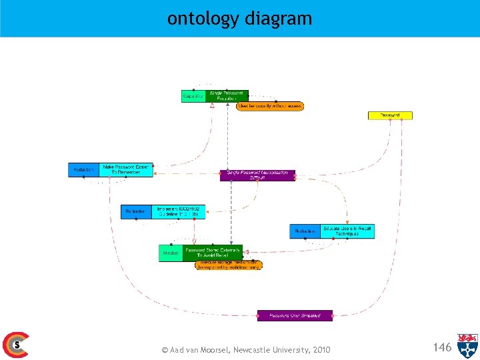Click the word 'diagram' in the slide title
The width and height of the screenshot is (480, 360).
coord(278,19)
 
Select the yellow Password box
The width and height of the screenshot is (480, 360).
coord(391,115)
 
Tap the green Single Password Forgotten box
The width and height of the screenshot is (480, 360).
coord(227,96)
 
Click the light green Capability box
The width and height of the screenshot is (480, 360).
coord(193,96)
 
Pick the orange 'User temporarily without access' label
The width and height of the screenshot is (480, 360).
coord(270,106)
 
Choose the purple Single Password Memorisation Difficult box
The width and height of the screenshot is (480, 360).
coord(257,175)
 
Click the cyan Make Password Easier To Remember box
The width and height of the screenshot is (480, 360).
coord(126,170)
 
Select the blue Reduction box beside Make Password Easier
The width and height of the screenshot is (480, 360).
coord(83,170)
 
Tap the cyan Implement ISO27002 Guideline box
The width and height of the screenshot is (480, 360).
coord(178,212)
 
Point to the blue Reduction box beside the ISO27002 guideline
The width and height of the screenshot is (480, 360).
coord(136,212)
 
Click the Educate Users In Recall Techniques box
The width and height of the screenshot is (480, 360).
coord(347,231)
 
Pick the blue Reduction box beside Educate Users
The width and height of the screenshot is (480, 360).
coord(305,231)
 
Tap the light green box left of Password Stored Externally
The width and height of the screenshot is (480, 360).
coord(170,253)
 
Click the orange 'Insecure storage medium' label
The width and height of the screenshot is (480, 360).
coord(229,265)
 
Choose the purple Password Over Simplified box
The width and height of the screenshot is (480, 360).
coord(295,315)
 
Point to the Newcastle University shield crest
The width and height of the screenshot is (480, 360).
coord(467,345)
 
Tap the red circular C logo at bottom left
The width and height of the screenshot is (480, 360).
coord(15,345)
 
